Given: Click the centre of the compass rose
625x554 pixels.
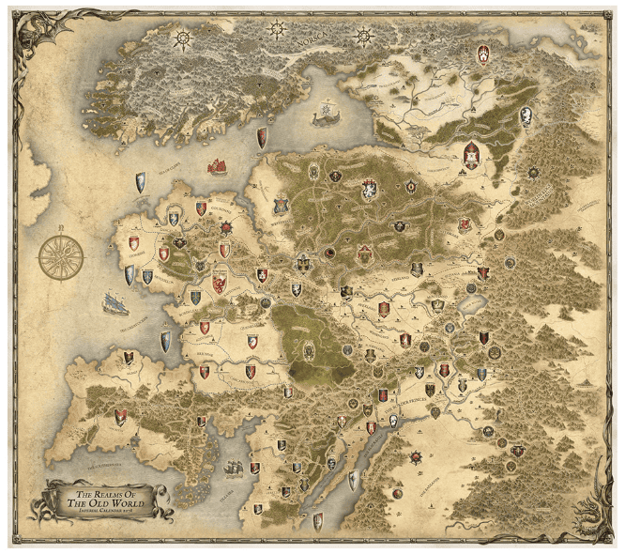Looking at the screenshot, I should coord(61,256).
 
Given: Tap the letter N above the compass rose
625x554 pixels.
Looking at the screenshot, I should coord(61,226).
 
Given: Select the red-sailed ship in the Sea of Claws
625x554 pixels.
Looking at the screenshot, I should coord(218,166).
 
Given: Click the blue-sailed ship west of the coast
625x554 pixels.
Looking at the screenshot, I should coord(115,303).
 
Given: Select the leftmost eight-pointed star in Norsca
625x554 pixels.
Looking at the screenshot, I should coord(182,38).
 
